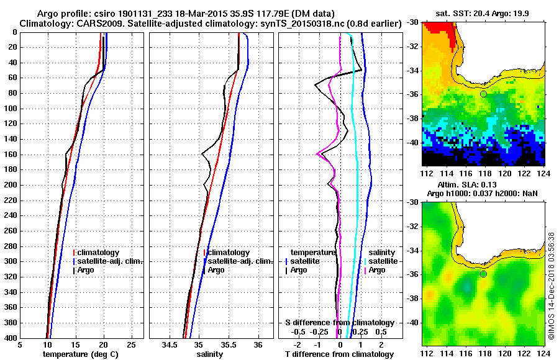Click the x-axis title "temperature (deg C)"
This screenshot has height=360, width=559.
click(81, 354)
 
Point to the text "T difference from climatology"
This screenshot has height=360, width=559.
click(339, 354)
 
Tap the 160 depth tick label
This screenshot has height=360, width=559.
click(11, 155)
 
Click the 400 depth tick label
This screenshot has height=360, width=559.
click(11, 338)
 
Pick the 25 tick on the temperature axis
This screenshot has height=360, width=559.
click(131, 344)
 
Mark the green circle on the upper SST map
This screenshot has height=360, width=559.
click(483, 94)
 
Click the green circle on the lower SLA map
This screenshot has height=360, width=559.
click(483, 274)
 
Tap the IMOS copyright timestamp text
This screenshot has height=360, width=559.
click(552, 286)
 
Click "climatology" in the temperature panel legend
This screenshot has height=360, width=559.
click(98, 253)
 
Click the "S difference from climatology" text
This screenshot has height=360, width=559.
click(339, 323)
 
